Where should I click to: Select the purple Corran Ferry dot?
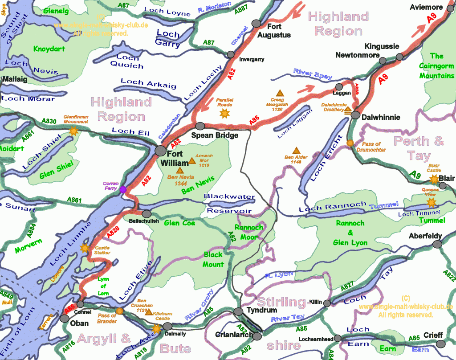pos(123,189)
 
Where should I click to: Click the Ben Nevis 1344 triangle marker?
pos(179,170)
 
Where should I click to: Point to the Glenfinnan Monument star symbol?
pos(73,131)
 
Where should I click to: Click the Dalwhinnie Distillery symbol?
pos(348,109)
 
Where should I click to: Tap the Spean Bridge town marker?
pos(200,126)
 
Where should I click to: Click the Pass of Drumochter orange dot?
pos(350,143)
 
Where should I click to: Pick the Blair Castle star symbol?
pos(433,179)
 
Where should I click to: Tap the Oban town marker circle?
pos(65,318)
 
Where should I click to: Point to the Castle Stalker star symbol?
pos(84,248)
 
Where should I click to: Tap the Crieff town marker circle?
pos(441,344)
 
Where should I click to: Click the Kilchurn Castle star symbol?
pos(156,329)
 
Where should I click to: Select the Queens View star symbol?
pos(431,202)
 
